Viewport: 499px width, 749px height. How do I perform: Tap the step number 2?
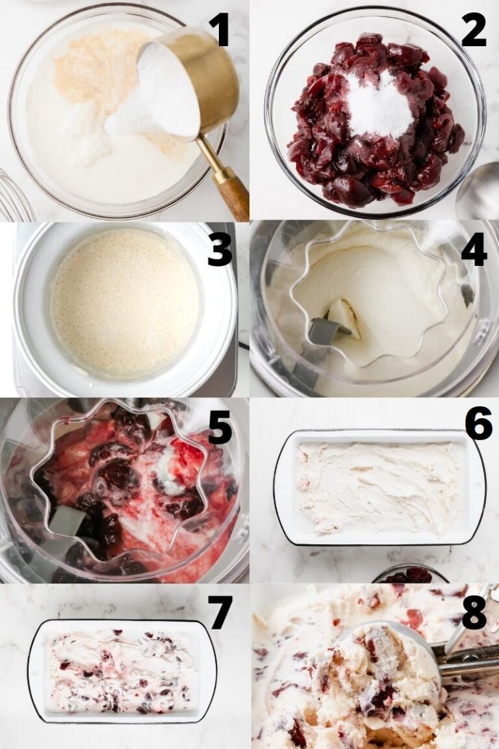(474, 29)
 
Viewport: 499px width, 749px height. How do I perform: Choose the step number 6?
(478, 423)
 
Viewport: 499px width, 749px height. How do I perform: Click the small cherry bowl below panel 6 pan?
(409, 575)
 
